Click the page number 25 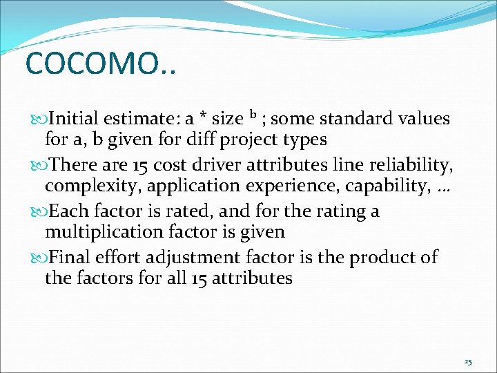click(x=467, y=362)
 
